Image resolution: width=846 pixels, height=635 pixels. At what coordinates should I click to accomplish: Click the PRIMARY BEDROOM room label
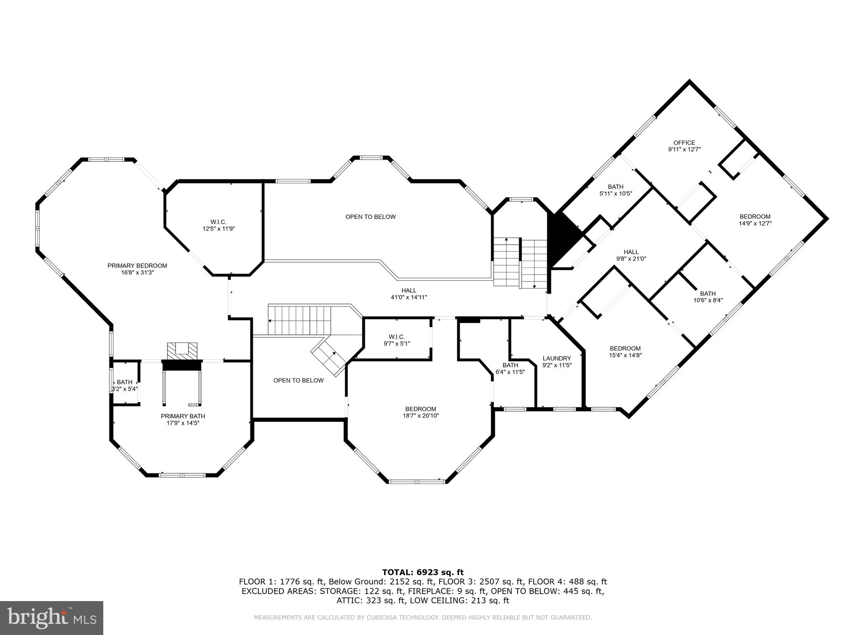tap(137, 265)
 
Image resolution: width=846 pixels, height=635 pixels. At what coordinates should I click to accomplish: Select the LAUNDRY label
tap(556, 358)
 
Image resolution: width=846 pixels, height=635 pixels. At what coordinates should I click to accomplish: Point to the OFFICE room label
tap(684, 143)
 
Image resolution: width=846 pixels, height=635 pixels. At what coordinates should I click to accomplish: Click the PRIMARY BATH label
tap(183, 416)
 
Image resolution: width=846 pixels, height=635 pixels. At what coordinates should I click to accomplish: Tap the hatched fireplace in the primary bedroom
tap(182, 351)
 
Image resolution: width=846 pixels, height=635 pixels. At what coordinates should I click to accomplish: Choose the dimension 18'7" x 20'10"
tap(421, 415)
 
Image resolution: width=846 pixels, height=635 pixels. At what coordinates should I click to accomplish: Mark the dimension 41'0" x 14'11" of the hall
tap(409, 297)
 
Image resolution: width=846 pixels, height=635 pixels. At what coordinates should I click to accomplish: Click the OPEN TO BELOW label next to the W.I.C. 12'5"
tap(370, 217)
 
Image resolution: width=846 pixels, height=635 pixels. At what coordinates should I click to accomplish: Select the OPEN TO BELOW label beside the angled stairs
tap(298, 380)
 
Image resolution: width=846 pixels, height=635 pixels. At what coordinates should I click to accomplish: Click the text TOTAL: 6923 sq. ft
tap(423, 572)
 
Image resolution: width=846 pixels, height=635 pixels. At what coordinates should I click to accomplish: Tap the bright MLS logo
tap(52, 618)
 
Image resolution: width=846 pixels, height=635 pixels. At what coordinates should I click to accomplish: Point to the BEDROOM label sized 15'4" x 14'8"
tap(625, 348)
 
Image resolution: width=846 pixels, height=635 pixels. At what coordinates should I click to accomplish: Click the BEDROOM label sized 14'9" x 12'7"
tap(755, 216)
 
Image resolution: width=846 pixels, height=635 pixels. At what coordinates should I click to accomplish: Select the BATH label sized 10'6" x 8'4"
tap(707, 294)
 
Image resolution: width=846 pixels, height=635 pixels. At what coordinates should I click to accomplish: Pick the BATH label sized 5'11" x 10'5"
tap(615, 186)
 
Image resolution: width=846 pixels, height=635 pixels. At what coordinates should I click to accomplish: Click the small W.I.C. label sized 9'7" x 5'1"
tap(397, 337)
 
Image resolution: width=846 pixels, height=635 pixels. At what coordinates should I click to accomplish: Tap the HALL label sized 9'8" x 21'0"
tap(631, 252)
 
